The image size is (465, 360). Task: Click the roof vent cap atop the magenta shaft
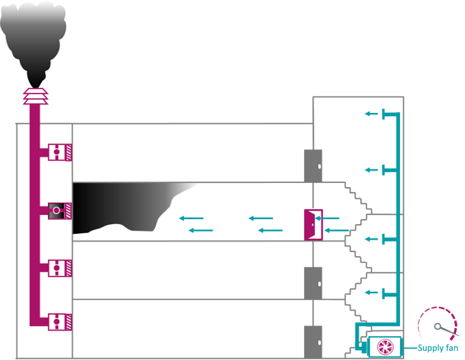[35, 96]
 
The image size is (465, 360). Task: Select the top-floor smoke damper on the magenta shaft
[58, 152]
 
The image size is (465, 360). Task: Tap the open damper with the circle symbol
[57, 211]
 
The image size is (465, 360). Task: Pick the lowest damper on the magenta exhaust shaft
[58, 322]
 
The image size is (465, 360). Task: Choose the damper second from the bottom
[58, 268]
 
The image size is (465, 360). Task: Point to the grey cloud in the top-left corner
[33, 11]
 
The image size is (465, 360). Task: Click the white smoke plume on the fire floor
[183, 196]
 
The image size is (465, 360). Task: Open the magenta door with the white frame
[312, 224]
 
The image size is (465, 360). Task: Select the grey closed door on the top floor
[312, 165]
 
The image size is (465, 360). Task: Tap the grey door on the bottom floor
[312, 340]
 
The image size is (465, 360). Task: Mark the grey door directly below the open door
[312, 282]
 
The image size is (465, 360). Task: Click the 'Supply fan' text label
[437, 349]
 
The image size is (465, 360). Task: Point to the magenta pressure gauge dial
[436, 325]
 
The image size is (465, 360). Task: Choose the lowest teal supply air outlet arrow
[374, 292]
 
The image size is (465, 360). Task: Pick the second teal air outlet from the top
[374, 171]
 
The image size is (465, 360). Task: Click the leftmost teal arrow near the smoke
[190, 218]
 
